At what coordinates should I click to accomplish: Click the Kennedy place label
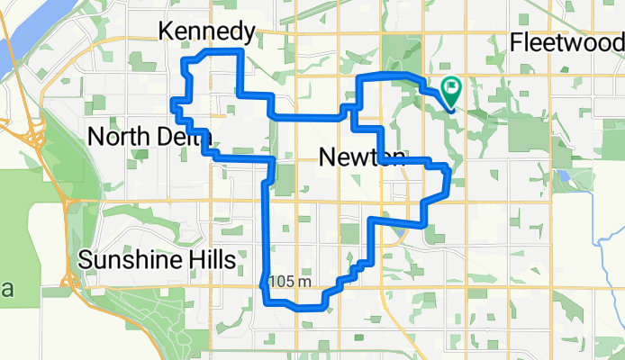205,32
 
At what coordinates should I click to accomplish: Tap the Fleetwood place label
566,42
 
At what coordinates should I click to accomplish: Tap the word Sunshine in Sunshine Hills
125,260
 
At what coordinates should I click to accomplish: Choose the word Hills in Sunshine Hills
211,260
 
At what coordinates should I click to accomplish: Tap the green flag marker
451,89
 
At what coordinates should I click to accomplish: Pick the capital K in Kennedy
167,32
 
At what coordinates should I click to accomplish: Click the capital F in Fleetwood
516,42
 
